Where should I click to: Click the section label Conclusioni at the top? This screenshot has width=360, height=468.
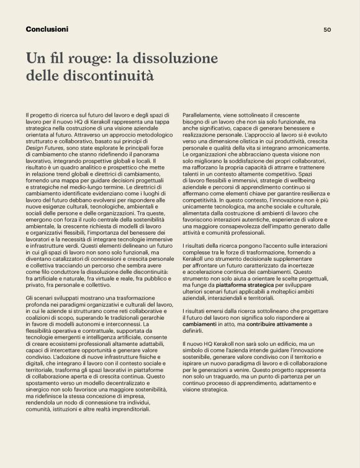click(x=47, y=29)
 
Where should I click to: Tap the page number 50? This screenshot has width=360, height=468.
click(x=328, y=29)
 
